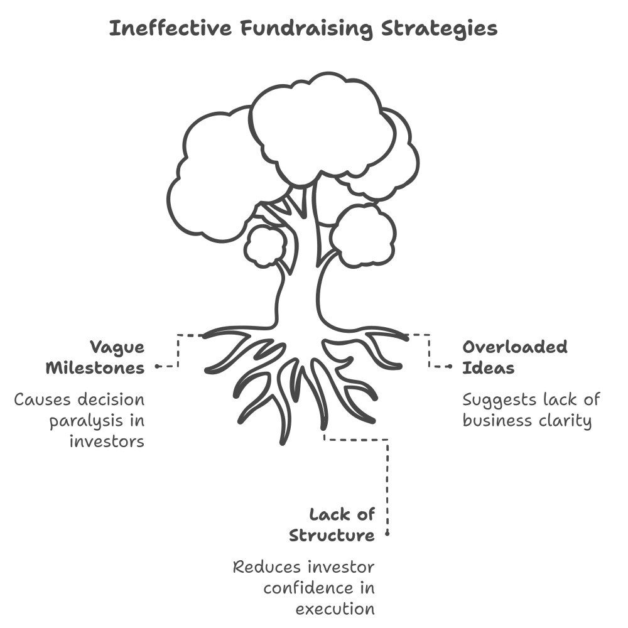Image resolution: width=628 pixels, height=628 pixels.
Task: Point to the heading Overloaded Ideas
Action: (514, 357)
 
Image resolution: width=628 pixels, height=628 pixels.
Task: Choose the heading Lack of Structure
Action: (332, 525)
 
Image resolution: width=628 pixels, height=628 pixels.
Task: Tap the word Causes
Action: (44, 399)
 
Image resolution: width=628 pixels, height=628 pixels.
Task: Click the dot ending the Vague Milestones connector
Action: (156, 365)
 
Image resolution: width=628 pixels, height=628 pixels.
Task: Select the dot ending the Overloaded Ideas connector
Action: (450, 365)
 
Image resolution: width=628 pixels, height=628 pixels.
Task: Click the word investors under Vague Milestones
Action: (106, 441)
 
